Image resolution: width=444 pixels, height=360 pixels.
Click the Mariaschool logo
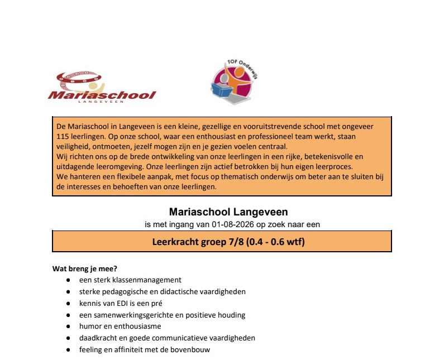click(x=102, y=87)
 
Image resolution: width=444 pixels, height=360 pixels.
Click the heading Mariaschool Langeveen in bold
click(x=222, y=213)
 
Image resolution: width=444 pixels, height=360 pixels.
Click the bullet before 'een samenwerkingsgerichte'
click(x=68, y=315)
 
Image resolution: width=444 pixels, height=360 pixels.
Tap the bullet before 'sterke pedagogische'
click(x=68, y=292)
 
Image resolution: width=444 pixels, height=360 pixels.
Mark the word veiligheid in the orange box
click(x=74, y=146)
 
